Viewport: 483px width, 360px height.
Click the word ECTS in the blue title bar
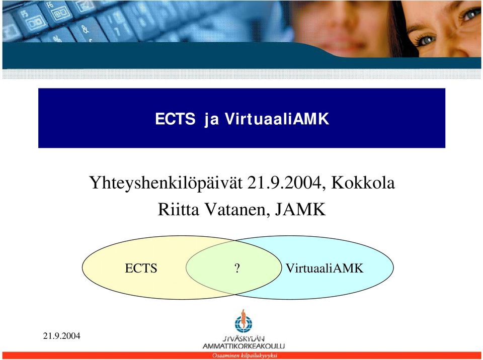point(175,119)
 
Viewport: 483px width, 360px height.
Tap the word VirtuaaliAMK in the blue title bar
point(277,119)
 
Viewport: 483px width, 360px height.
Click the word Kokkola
point(363,183)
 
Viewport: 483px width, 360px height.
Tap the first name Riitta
point(178,209)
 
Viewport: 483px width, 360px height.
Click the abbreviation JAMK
point(300,209)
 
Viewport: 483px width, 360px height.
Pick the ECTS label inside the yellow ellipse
point(141,268)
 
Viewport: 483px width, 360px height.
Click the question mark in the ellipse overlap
point(237,268)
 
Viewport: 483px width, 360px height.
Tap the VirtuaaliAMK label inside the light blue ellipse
point(325,268)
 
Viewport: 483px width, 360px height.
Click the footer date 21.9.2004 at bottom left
point(61,336)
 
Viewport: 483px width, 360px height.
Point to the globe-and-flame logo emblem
point(244,322)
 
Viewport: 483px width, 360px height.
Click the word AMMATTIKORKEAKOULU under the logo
point(244,346)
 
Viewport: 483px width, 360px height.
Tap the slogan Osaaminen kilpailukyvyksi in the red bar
point(245,355)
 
